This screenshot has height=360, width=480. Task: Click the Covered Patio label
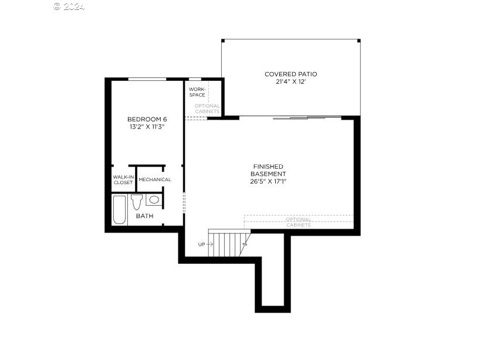pyautogui.click(x=290, y=74)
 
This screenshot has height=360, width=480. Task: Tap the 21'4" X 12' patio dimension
pyautogui.click(x=290, y=82)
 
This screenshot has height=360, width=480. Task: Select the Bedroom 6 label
pyautogui.click(x=147, y=119)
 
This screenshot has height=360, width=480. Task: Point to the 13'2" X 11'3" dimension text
pyautogui.click(x=147, y=127)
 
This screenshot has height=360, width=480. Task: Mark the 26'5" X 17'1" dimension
pyautogui.click(x=268, y=181)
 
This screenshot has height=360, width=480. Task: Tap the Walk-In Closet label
pyautogui.click(x=123, y=179)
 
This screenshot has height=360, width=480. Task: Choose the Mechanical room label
pyautogui.click(x=155, y=179)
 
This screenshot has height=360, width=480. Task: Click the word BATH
pyautogui.click(x=144, y=216)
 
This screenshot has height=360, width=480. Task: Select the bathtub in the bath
pyautogui.click(x=119, y=209)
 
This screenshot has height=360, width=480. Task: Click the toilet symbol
pyautogui.click(x=137, y=202)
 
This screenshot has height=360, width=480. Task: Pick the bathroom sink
pyautogui.click(x=154, y=200)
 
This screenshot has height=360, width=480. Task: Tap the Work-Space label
pyautogui.click(x=197, y=92)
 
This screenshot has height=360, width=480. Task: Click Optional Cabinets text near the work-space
pyautogui.click(x=207, y=108)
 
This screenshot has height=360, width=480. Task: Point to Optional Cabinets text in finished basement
pyautogui.click(x=299, y=222)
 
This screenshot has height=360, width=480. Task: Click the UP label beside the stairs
pyautogui.click(x=201, y=244)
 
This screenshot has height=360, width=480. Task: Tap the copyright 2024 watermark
pyautogui.click(x=69, y=6)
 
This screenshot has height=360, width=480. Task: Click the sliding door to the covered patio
pyautogui.click(x=307, y=118)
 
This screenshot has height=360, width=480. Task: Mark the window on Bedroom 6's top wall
pyautogui.click(x=147, y=79)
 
